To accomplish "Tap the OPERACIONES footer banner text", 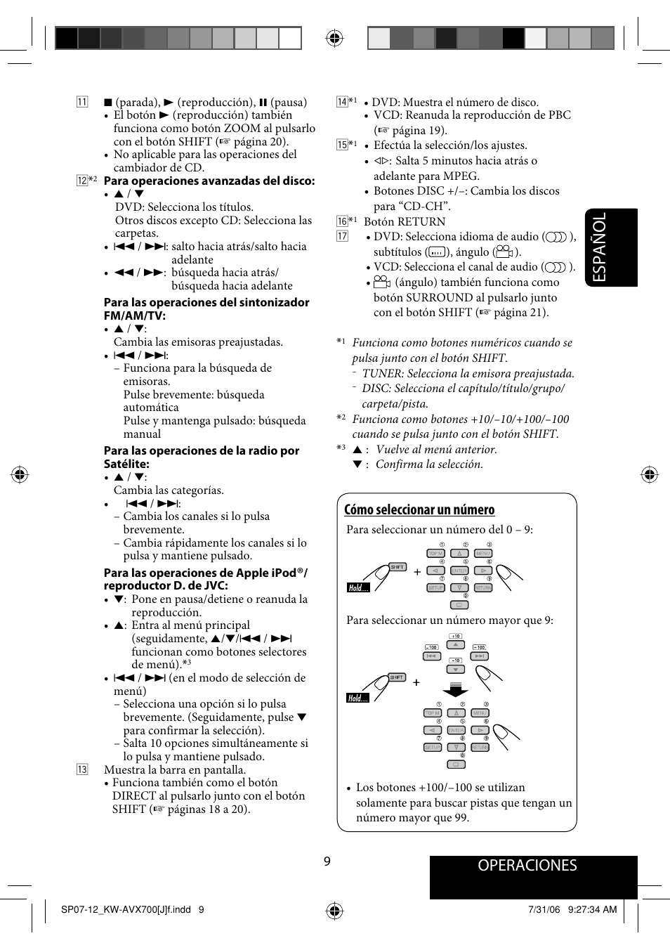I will click(x=527, y=866).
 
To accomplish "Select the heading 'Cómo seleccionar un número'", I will click(x=419, y=510).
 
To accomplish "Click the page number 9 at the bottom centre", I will click(x=327, y=861).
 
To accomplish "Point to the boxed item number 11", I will click(x=82, y=102).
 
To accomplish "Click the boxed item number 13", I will click(x=82, y=769).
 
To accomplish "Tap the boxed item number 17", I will click(x=342, y=236).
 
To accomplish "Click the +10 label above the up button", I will click(x=456, y=636).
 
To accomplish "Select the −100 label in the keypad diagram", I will click(x=431, y=647).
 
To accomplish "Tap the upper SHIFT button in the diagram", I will click(x=398, y=567).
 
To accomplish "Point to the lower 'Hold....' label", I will click(x=357, y=698).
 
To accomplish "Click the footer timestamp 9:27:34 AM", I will click(x=592, y=909).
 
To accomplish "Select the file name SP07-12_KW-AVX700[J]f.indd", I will click(x=126, y=909).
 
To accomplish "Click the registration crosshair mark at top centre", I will click(x=335, y=38).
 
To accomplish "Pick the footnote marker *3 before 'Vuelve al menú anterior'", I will click(x=341, y=448).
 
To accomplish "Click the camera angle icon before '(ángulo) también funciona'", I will click(x=381, y=282).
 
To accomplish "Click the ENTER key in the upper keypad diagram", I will click(x=459, y=571).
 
